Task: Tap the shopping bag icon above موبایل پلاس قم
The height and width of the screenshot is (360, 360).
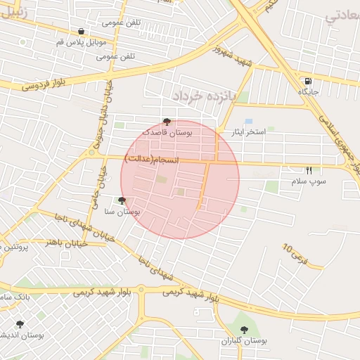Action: pos(82,32)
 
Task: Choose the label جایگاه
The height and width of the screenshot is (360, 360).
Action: pos(309,92)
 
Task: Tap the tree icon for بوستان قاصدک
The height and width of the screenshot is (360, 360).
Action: pos(167,122)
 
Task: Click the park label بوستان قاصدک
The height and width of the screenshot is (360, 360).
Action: pos(167,132)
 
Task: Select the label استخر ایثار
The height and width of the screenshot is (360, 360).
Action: pos(245,132)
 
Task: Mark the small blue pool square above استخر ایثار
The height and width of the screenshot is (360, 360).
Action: pos(248,121)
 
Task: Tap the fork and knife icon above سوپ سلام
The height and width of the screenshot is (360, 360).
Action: pos(309,171)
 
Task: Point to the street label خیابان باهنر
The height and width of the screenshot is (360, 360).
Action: pos(66,243)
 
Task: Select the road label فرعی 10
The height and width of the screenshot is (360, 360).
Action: pos(295,253)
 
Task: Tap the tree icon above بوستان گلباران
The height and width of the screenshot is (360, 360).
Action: pos(245,330)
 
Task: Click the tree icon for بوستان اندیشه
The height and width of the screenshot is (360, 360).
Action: pos(19,324)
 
